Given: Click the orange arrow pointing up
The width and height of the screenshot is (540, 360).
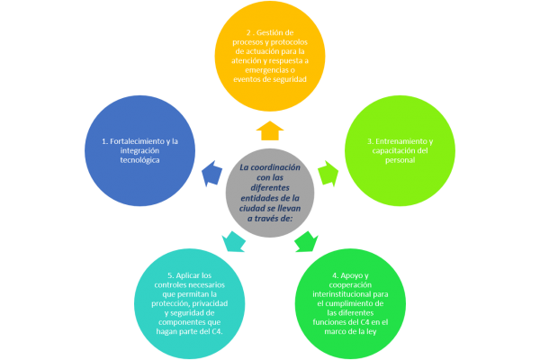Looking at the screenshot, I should (270, 130).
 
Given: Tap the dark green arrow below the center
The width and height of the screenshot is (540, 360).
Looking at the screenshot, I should (307, 240).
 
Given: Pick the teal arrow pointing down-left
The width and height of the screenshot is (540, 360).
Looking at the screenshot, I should (232, 240).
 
